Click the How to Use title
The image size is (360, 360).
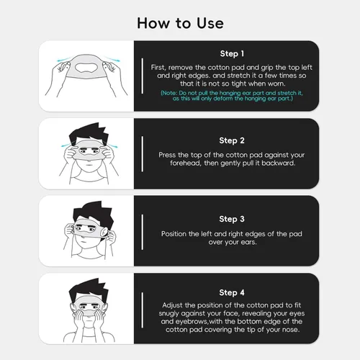[x=180, y=22]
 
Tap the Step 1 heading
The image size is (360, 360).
[x=232, y=53]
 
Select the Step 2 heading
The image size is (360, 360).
[x=232, y=140]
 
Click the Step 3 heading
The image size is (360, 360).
[x=232, y=217]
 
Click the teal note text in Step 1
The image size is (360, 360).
[x=233, y=96]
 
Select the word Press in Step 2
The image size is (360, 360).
[x=166, y=154]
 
